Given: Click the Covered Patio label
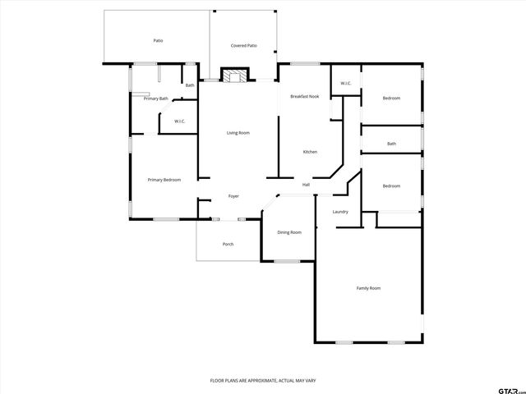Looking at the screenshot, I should point(243,46).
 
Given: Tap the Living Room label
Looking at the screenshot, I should point(238,132).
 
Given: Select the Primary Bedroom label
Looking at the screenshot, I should point(164,180).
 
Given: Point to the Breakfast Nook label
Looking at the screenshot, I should point(304,97).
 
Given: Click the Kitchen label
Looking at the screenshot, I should point(310,152).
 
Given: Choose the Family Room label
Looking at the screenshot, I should point(368,288).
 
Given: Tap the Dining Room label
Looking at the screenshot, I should point(289,232).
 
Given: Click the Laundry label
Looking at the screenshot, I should point(340,212).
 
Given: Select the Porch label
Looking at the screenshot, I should point(228,245).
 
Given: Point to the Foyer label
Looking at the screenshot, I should point(233,197).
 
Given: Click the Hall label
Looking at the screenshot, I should point(306,185).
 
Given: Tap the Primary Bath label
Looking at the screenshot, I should point(156,99).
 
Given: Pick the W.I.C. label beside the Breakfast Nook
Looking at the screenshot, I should point(346,83).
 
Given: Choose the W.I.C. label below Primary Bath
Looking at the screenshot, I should point(179,122).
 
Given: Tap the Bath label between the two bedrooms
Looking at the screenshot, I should point(392,144).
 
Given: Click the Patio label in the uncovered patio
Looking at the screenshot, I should point(157,40).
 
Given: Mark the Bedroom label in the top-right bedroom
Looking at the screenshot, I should point(391,98).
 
